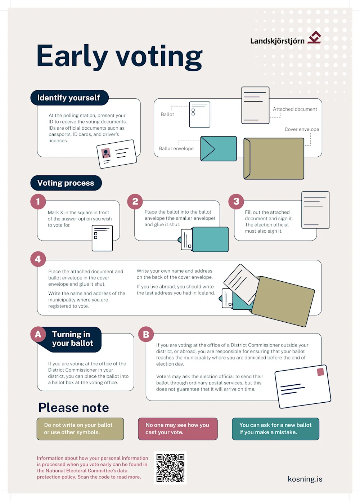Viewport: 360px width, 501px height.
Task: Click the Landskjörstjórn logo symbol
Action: click(x=314, y=37)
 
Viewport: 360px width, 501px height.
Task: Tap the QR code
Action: click(x=170, y=468)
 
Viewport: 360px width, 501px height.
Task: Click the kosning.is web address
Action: click(x=305, y=479)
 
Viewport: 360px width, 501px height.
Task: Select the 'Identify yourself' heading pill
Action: click(x=69, y=98)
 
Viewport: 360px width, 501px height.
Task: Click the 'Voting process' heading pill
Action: click(x=66, y=183)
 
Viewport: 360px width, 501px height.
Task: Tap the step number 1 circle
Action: click(x=38, y=202)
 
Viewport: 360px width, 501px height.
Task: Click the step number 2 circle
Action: click(x=135, y=202)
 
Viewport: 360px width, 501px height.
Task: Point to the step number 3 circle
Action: click(x=236, y=202)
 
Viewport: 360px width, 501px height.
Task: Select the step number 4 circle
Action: click(x=38, y=259)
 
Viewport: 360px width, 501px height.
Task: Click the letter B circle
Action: click(x=146, y=334)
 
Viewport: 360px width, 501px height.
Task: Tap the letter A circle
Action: click(x=38, y=334)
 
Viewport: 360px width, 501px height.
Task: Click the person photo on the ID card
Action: click(x=106, y=153)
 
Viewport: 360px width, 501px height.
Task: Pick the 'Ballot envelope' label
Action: click(x=176, y=148)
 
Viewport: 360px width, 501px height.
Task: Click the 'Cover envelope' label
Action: click(x=302, y=129)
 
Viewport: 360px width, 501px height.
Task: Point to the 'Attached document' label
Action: click(x=295, y=109)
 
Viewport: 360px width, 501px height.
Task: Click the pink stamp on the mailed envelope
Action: click(x=321, y=372)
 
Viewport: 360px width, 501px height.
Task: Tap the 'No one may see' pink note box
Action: click(x=178, y=429)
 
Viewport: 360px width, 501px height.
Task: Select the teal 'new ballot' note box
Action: click(x=275, y=429)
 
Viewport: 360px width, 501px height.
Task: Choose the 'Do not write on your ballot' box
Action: click(x=80, y=429)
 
